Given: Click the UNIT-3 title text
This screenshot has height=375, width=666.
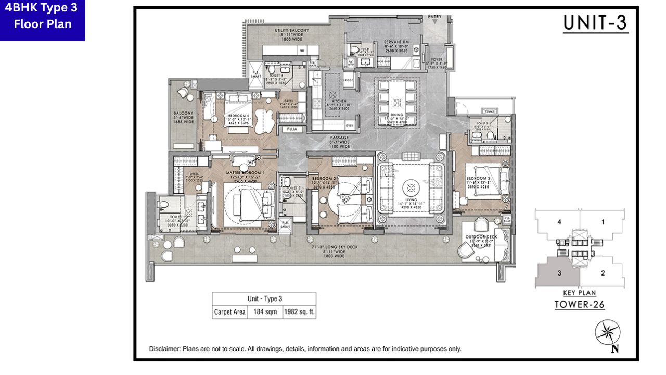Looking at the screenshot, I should tap(596, 24).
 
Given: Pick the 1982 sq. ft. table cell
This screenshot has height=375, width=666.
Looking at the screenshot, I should tap(299, 312).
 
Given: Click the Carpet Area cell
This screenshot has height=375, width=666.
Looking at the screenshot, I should tap(230, 312).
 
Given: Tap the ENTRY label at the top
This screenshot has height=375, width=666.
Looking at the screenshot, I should tap(434, 17).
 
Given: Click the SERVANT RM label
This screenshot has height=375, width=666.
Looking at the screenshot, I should tap(398, 42).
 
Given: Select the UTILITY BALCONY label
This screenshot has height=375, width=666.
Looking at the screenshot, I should tap(291, 31).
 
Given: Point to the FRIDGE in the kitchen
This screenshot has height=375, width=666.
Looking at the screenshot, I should tap(348, 80).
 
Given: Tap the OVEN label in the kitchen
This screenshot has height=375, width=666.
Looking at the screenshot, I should tap(350, 126).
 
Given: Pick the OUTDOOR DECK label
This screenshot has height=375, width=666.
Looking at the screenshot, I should tap(481, 237).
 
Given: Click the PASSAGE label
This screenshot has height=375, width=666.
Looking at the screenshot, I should tap(340, 138).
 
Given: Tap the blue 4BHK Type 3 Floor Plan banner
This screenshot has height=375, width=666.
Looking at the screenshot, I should tap(43, 20).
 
